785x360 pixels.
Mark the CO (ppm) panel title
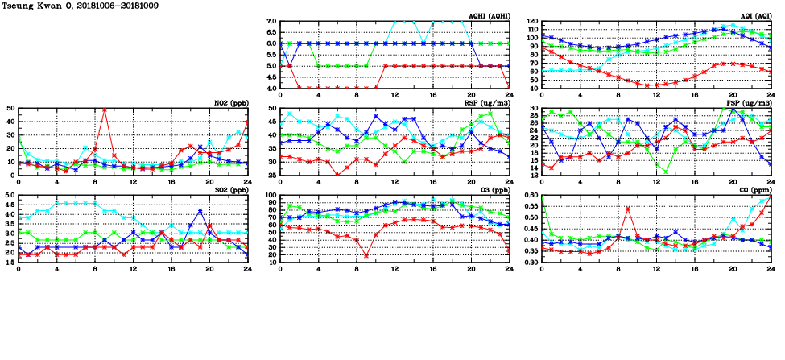click(x=754, y=190)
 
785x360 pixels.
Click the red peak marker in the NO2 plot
click(x=105, y=110)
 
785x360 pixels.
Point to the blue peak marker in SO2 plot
click(x=200, y=211)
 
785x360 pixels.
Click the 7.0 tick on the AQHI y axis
click(x=271, y=22)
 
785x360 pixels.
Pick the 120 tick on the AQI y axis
click(x=531, y=22)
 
